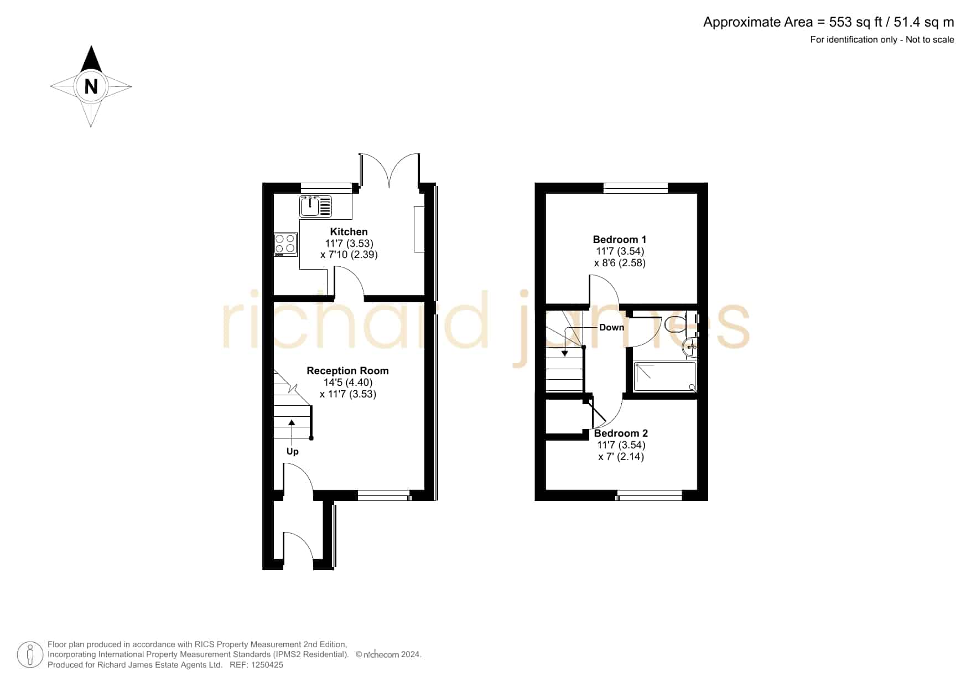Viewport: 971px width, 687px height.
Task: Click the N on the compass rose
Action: pyautogui.click(x=91, y=86)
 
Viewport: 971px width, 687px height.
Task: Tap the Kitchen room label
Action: pyautogui.click(x=349, y=232)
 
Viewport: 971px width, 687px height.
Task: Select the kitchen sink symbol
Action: pyautogui.click(x=316, y=206)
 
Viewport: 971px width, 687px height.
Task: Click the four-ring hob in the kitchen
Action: pyautogui.click(x=285, y=245)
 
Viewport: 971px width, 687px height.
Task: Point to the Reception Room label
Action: pyautogui.click(x=347, y=371)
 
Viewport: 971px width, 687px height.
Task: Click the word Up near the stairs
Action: pyautogui.click(x=292, y=451)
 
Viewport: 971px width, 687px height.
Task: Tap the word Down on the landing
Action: pyautogui.click(x=611, y=327)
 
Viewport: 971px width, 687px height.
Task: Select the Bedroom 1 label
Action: pyautogui.click(x=620, y=240)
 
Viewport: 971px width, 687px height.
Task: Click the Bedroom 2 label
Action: pyautogui.click(x=621, y=433)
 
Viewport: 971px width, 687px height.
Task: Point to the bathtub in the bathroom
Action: pyautogui.click(x=665, y=376)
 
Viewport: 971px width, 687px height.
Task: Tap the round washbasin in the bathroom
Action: pyautogui.click(x=690, y=348)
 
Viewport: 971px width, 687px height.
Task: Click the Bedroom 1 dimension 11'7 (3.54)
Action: pyautogui.click(x=620, y=251)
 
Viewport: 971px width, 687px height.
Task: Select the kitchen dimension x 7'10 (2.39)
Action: pyautogui.click(x=349, y=255)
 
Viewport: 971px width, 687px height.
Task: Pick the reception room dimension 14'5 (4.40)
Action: pyautogui.click(x=348, y=383)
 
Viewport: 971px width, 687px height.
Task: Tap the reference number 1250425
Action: pyautogui.click(x=267, y=665)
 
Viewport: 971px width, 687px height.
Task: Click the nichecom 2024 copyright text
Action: pyautogui.click(x=388, y=654)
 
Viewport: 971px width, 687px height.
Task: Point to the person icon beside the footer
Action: pyautogui.click(x=30, y=655)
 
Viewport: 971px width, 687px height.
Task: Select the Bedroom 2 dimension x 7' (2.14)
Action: pyautogui.click(x=621, y=457)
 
